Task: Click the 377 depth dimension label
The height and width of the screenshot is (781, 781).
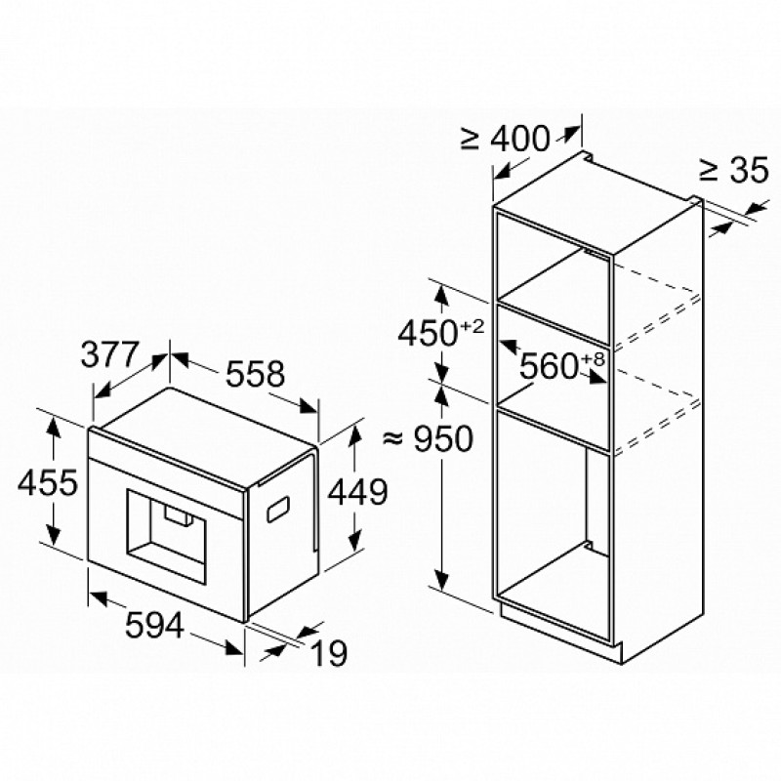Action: click(108, 354)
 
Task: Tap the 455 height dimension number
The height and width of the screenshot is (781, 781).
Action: click(48, 481)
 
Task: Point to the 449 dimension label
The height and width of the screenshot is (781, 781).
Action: click(357, 492)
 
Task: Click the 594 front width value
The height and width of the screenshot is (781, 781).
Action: click(154, 625)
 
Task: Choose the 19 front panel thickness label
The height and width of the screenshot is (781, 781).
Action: click(329, 653)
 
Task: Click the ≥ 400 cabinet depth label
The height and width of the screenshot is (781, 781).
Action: click(505, 139)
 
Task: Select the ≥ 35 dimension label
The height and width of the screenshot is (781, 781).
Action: click(734, 170)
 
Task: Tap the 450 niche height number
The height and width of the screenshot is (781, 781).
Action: click(428, 333)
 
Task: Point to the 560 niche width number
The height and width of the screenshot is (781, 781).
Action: click(549, 367)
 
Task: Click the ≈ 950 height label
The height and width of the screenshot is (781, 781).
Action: click(428, 438)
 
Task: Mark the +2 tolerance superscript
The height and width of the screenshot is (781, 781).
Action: click(473, 327)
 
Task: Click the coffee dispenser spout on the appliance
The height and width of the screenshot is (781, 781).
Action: click(178, 515)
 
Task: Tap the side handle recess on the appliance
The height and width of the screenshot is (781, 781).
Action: click(278, 510)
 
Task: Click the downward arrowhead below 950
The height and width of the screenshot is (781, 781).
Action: click(441, 579)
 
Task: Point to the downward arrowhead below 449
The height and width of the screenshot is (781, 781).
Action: click(354, 540)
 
